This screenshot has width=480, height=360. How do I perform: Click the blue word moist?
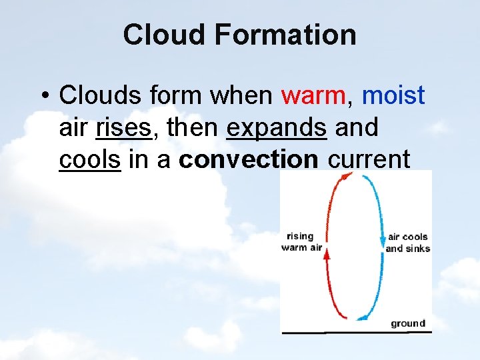(x=393, y=96)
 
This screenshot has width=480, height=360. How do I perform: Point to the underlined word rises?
(x=124, y=127)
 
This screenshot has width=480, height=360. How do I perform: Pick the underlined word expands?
(x=277, y=127)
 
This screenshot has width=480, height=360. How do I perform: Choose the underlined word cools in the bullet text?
(x=90, y=159)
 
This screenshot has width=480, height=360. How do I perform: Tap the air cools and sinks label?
(x=407, y=243)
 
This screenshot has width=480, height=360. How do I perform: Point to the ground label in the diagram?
(x=407, y=323)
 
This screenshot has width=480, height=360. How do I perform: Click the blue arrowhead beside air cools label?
(x=383, y=239)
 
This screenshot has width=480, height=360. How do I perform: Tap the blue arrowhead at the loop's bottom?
(x=361, y=317)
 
